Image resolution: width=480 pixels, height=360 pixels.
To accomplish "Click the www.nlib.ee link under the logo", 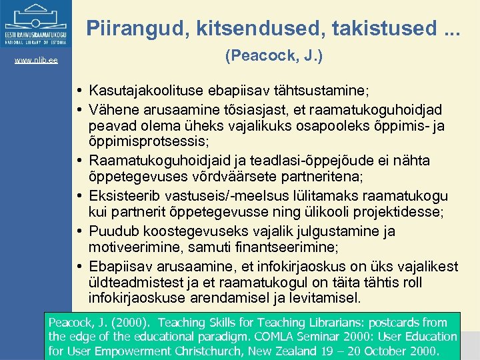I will [x=35, y=61].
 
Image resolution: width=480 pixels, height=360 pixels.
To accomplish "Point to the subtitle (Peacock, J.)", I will [x=273, y=57].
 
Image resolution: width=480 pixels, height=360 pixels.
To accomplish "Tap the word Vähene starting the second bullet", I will [x=113, y=109].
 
